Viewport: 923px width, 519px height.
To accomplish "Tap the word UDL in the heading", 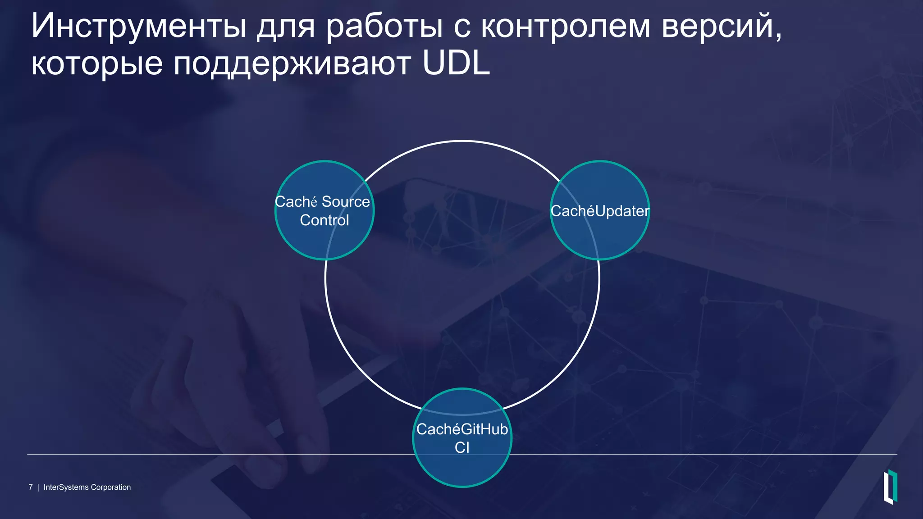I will [x=456, y=64].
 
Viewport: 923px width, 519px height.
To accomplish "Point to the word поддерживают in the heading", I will [x=292, y=64].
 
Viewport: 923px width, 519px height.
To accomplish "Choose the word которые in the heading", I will [x=97, y=64].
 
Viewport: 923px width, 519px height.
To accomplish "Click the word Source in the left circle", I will [x=346, y=201].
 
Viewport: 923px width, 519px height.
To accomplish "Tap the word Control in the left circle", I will [x=324, y=220].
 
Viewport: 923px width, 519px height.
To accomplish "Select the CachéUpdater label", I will [x=600, y=211].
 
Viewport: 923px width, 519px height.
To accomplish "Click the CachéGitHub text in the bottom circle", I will [x=462, y=429].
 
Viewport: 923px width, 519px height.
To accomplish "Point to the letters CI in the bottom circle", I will [x=462, y=448].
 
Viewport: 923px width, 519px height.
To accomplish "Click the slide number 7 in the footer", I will [x=31, y=487].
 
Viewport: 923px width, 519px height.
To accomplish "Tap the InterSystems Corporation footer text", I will [x=87, y=487].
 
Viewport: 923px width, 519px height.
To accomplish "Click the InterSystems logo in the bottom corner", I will [x=890, y=487].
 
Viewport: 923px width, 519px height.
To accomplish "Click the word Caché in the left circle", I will [x=296, y=201].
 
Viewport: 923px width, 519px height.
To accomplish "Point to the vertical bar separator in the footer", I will [x=38, y=487].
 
